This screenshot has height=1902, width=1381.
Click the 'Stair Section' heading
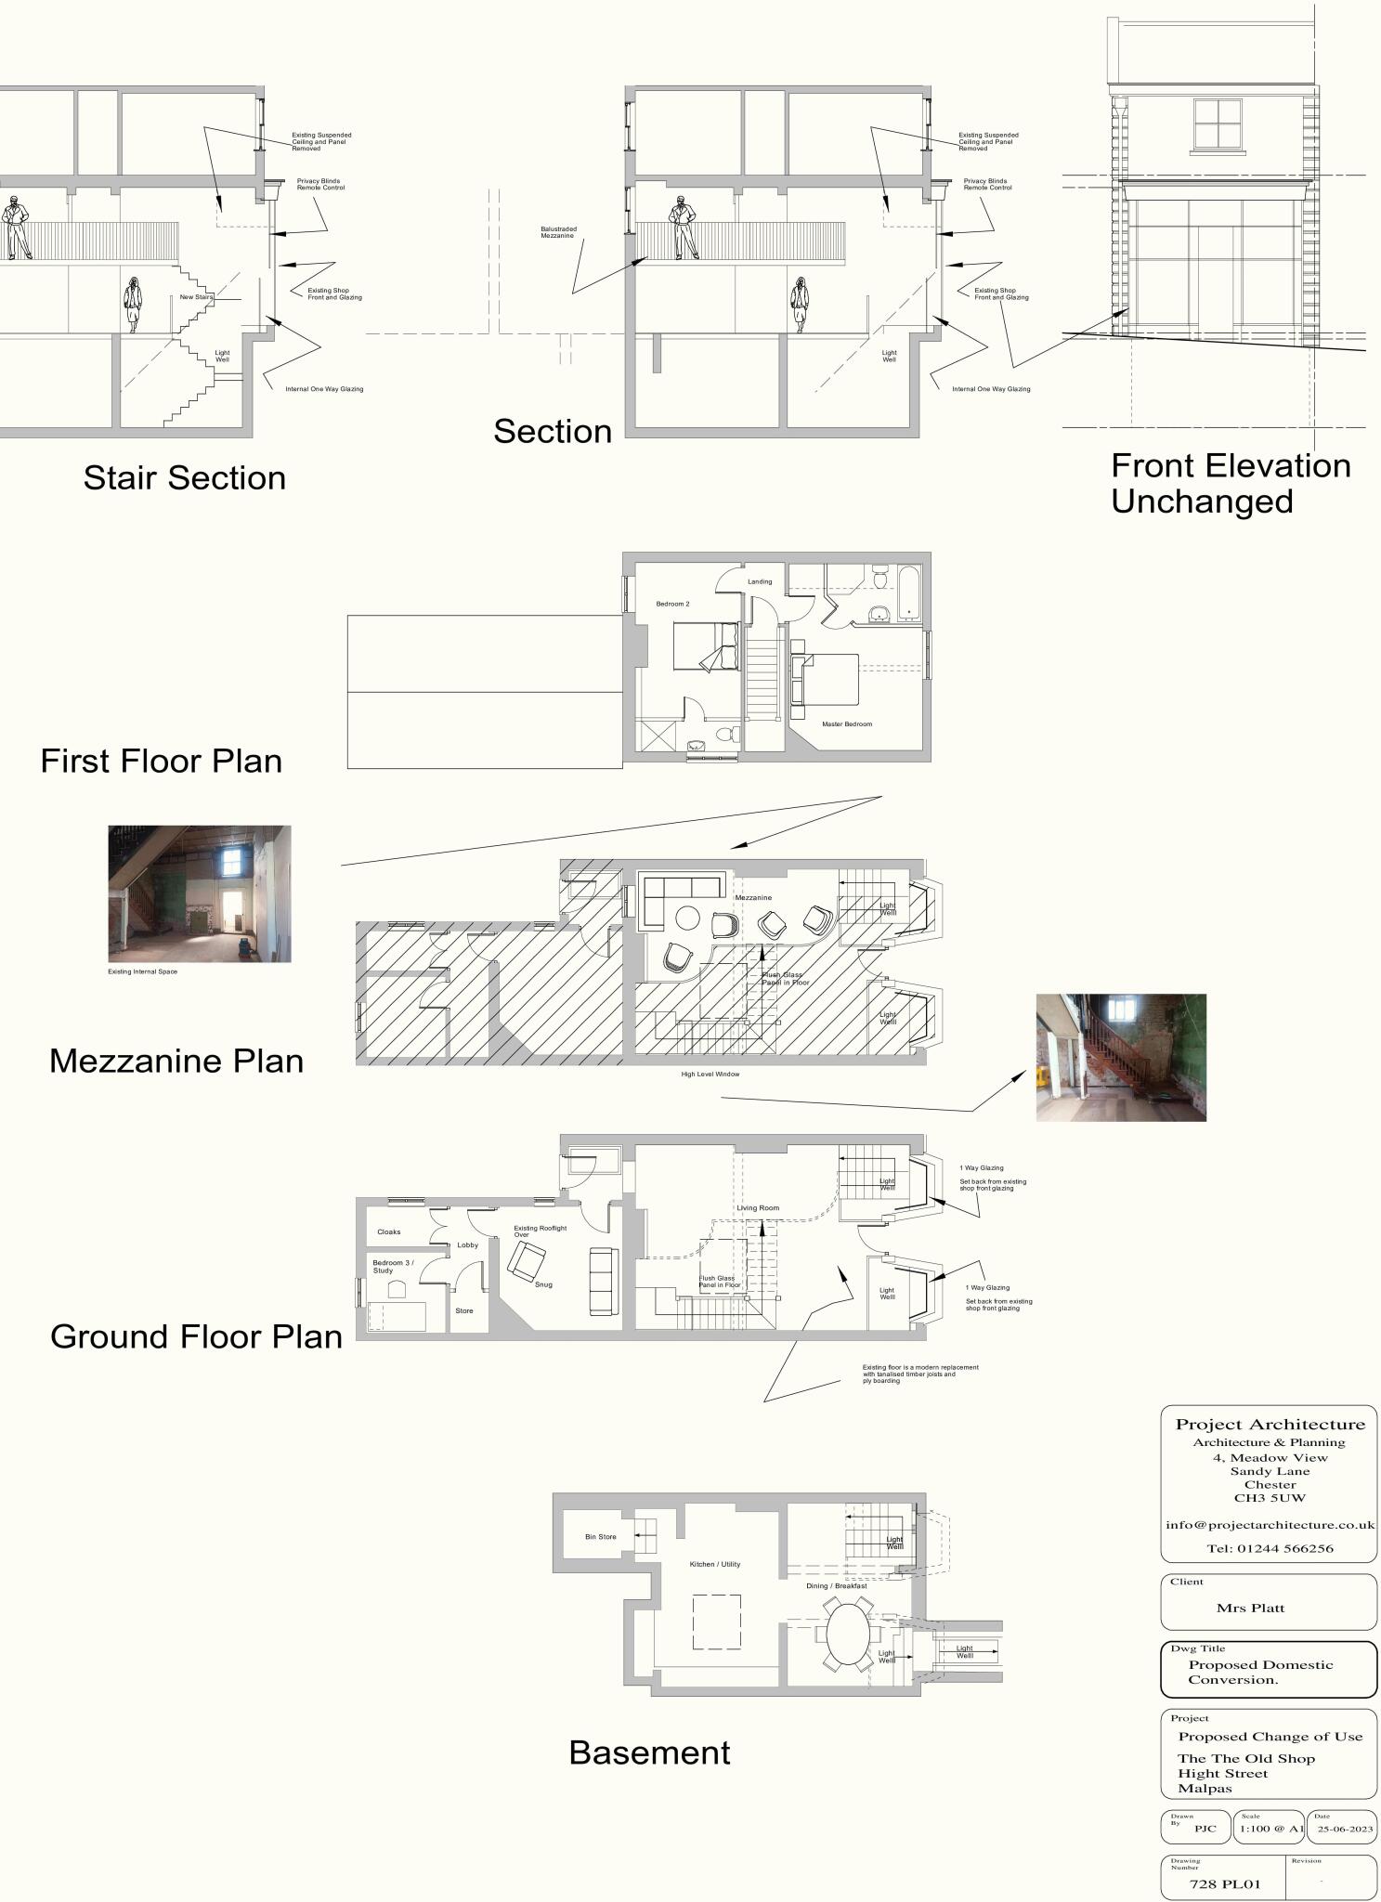(185, 477)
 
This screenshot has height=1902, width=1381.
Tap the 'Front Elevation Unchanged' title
(1230, 483)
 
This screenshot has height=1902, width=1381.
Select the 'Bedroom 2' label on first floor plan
(672, 604)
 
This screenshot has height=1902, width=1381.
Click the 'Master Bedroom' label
(846, 723)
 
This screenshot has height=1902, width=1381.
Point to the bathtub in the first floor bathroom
(907, 593)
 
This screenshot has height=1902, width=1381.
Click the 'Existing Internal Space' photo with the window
(200, 893)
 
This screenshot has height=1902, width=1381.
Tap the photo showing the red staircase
(1121, 1057)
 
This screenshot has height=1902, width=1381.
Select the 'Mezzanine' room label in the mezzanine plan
(753, 898)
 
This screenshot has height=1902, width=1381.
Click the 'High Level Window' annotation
(710, 1074)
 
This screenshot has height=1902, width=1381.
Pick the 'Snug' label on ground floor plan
(543, 1284)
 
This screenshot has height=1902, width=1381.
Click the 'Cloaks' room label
(389, 1231)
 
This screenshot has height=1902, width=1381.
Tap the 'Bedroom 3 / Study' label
(392, 1266)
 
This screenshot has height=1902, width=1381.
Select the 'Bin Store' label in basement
(600, 1536)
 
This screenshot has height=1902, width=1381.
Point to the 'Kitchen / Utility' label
(714, 1564)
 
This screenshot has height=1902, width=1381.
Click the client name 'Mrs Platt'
(1250, 1608)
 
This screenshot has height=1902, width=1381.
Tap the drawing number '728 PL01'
(1225, 1883)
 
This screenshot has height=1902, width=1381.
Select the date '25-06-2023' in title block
(1344, 1829)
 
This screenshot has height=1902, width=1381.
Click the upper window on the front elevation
(1218, 124)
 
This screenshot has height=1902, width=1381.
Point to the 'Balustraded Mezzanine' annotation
(558, 232)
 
